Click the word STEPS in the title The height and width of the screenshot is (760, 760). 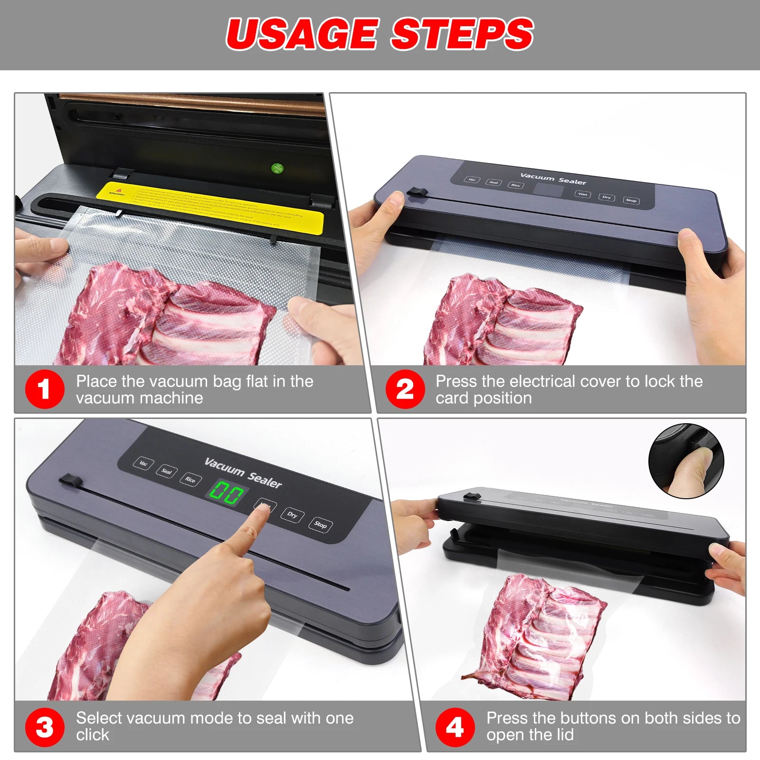(462, 34)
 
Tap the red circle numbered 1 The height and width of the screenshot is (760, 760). (44, 389)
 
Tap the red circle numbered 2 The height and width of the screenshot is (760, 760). (404, 389)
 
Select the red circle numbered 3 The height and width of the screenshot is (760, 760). (44, 727)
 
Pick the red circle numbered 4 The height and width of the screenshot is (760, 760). (455, 727)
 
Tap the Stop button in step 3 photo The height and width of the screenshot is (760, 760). (320, 524)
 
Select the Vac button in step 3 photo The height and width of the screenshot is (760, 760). (143, 463)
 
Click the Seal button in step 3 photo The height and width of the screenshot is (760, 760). (166, 471)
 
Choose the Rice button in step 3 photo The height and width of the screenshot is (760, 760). (190, 479)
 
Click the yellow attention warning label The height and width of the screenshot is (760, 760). (209, 207)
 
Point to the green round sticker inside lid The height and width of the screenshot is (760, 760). (277, 168)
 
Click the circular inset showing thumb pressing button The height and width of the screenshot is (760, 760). (686, 461)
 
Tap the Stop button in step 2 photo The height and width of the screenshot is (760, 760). (631, 200)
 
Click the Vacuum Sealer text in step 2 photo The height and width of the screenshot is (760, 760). (553, 179)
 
